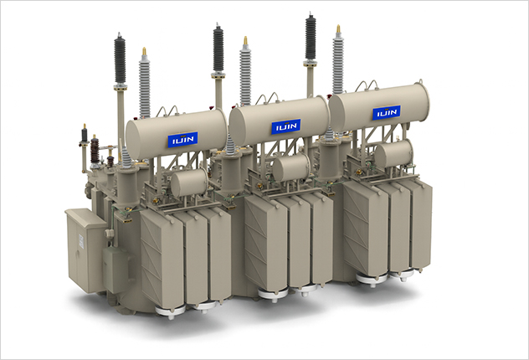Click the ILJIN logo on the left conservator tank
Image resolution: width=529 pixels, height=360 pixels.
pos(182,139)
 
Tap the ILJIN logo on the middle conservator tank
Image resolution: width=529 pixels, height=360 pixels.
pos(286,126)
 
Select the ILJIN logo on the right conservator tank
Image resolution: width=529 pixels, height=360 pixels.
pos(387,112)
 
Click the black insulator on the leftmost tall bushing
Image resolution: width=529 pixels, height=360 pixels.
pos(120,59)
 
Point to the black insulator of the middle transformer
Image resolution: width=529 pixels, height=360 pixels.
pos(218,49)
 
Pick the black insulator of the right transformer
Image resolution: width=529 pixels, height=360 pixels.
pos(311,37)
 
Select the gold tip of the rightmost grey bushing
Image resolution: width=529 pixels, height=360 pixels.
pos(338,29)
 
